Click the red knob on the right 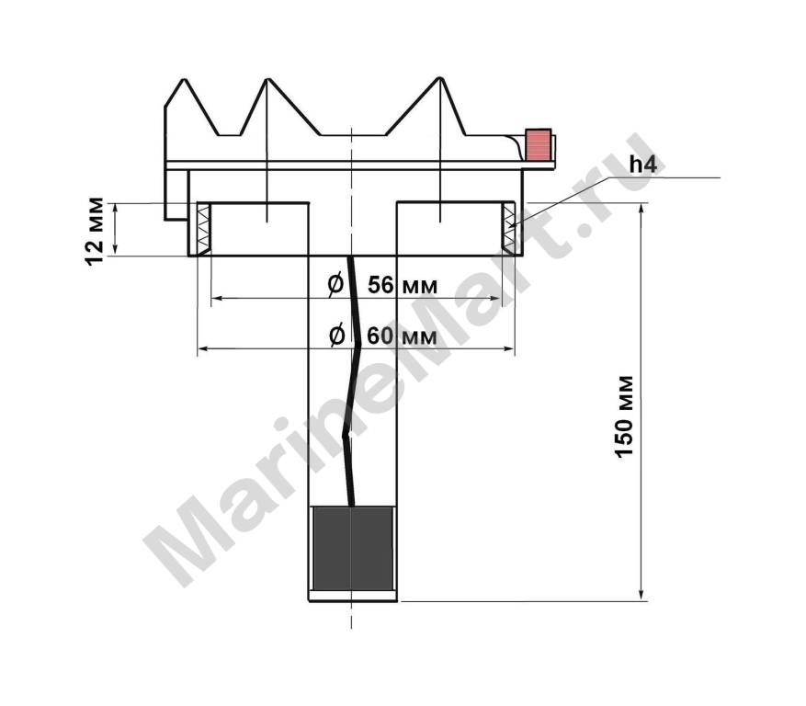539,145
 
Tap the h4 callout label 643,165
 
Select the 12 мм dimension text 95,231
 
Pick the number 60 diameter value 380,336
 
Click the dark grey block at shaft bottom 352,549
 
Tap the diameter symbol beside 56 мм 335,284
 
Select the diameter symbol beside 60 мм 336,336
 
